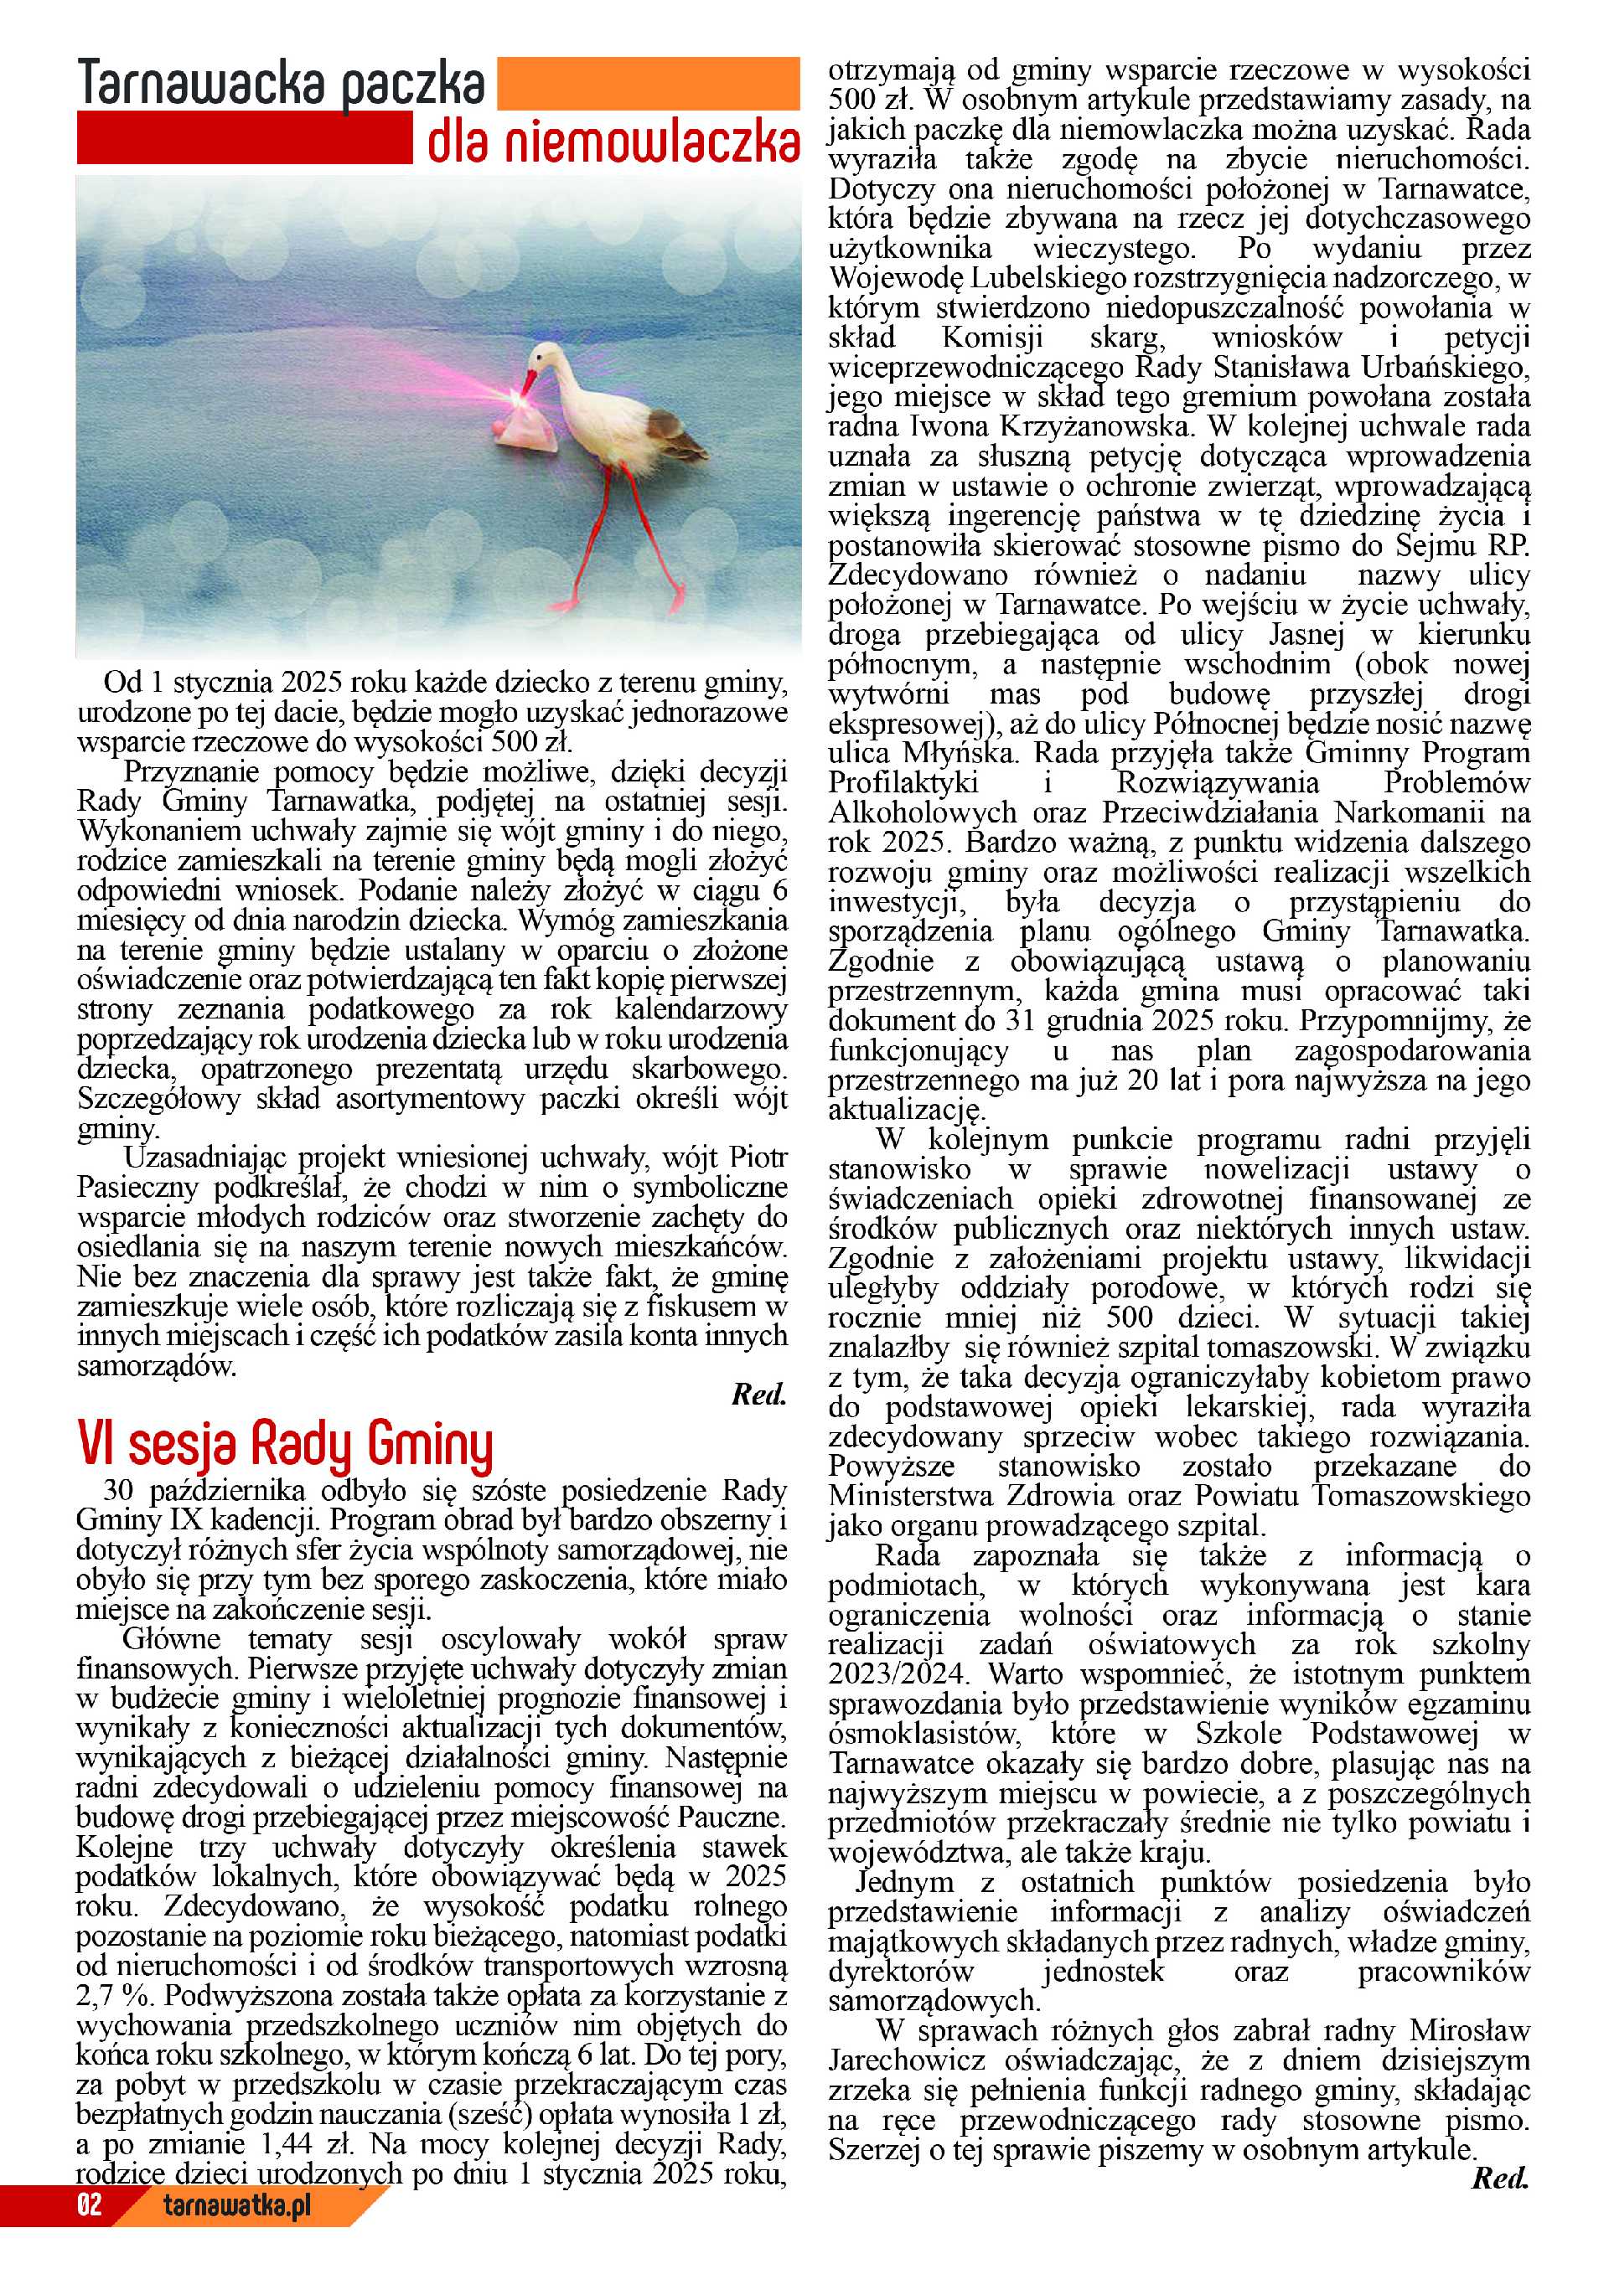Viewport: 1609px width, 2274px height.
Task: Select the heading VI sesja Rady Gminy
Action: click(x=284, y=1445)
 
